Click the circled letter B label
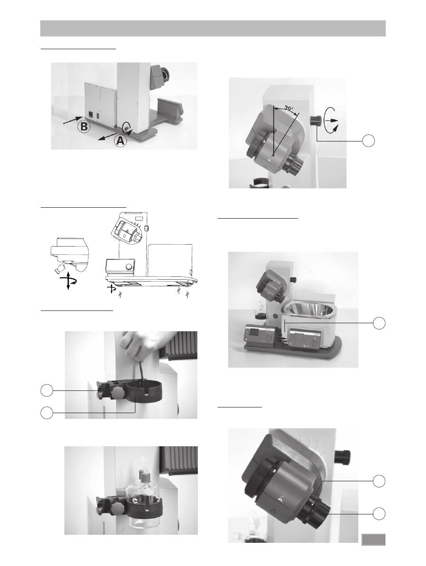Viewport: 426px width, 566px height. point(84,127)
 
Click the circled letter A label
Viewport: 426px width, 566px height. point(121,140)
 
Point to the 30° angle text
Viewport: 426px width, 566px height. point(288,108)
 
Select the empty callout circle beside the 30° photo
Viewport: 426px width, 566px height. point(368,141)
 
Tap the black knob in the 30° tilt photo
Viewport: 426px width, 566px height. point(315,121)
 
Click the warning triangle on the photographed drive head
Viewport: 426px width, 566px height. point(280,499)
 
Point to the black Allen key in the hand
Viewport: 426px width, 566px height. point(141,373)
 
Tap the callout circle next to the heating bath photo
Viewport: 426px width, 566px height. point(379,323)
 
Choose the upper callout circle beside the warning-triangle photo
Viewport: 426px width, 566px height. point(379,481)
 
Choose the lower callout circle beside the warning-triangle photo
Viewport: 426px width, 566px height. point(379,513)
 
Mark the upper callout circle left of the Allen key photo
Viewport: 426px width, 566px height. point(46,390)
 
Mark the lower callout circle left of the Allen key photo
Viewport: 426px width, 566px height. point(46,413)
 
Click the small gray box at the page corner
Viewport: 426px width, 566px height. point(373,539)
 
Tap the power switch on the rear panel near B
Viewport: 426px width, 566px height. point(91,116)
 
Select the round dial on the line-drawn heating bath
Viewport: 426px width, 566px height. point(129,267)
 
